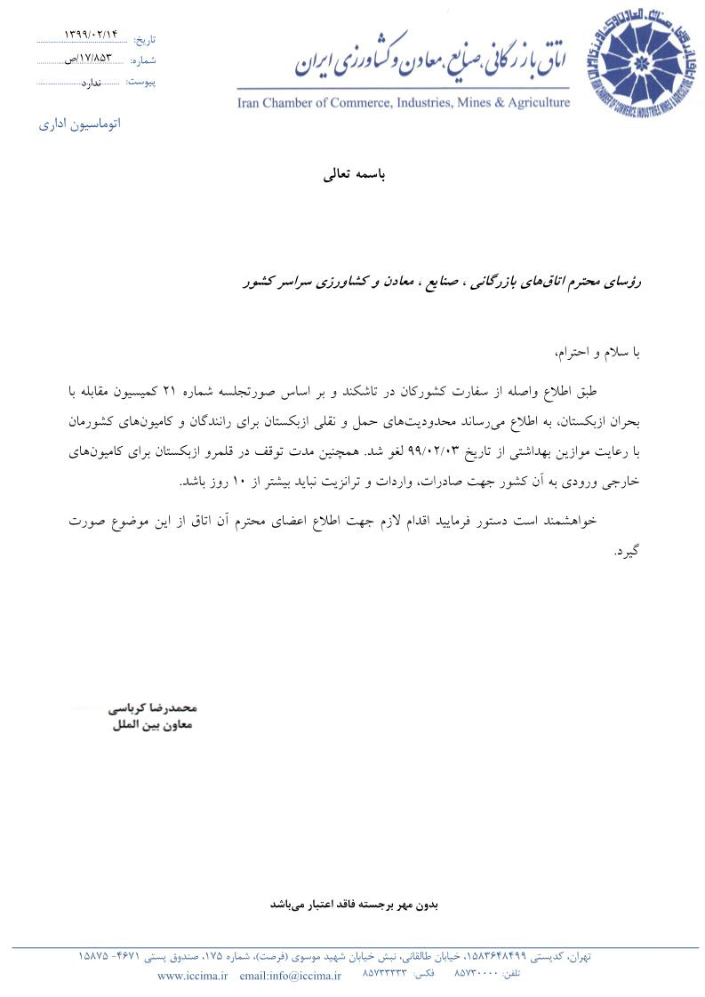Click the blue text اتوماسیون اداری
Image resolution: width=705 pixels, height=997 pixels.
[80, 124]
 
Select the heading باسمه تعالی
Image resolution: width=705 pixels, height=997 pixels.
[355, 175]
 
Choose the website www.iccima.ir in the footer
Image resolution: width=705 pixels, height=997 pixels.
[193, 976]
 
